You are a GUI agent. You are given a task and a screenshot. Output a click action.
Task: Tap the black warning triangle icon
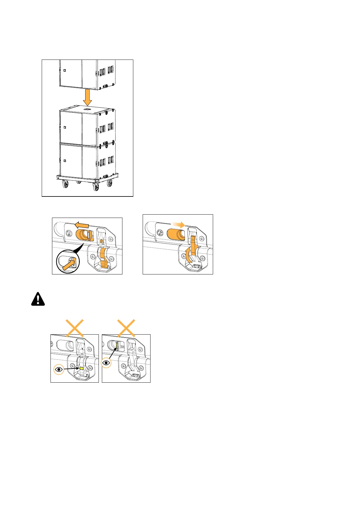click(x=38, y=299)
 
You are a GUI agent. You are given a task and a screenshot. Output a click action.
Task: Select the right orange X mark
click(x=126, y=328)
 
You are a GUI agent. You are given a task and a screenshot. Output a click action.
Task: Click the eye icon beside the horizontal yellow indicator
click(x=59, y=369)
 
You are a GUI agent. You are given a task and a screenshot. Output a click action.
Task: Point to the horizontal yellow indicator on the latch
click(x=81, y=368)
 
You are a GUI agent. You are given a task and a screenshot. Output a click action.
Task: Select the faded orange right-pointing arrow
click(x=179, y=225)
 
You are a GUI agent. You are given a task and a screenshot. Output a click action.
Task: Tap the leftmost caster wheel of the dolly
click(x=65, y=185)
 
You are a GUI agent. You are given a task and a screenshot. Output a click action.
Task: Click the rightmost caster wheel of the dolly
click(x=110, y=183)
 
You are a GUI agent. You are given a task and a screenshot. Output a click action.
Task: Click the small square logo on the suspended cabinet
click(x=64, y=70)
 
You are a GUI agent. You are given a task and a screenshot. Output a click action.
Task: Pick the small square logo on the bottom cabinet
click(x=64, y=160)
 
